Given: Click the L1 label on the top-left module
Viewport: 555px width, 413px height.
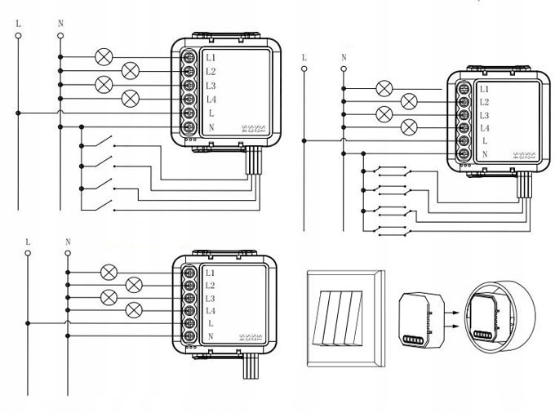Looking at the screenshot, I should [211, 58].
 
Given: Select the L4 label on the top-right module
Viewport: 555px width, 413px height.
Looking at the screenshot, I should [484, 128].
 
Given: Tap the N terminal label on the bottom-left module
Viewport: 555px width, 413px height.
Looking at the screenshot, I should [211, 337].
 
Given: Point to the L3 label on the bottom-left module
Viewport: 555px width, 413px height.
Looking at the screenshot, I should [211, 298].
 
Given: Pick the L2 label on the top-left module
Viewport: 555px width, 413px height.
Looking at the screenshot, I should [211, 72].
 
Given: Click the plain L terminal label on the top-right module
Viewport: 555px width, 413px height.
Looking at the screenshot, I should [485, 141].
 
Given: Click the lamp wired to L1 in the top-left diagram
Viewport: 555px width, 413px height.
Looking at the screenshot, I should [104, 57].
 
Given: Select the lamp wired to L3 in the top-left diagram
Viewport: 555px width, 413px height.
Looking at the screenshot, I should [104, 84].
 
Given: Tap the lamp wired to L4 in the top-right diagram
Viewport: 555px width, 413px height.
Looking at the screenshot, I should [410, 127].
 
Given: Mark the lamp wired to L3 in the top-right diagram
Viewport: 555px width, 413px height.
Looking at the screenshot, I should [384, 114].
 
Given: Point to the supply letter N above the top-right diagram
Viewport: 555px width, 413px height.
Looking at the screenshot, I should [344, 57].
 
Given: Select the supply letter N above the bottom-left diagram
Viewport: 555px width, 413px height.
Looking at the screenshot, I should [68, 242].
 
